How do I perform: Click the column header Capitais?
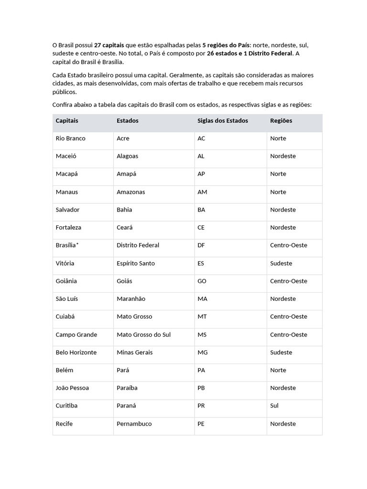point(67,121)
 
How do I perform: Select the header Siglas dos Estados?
point(223,121)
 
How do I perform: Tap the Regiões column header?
point(281,121)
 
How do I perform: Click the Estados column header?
point(128,121)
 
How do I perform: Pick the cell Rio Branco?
point(70,138)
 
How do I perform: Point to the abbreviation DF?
point(201,245)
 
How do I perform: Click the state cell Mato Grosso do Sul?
point(143,335)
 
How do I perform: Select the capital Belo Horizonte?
point(76,352)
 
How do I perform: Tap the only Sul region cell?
point(274,406)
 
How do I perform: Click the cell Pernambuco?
point(134,424)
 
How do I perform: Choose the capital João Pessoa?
point(72,388)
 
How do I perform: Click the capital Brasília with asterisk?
point(67,245)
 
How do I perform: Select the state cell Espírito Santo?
point(136,263)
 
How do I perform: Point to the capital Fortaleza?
point(68,228)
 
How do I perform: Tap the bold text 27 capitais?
point(109,45)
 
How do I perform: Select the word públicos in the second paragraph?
point(65,92)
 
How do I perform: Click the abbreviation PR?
point(201,406)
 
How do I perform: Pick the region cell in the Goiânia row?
point(289,281)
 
